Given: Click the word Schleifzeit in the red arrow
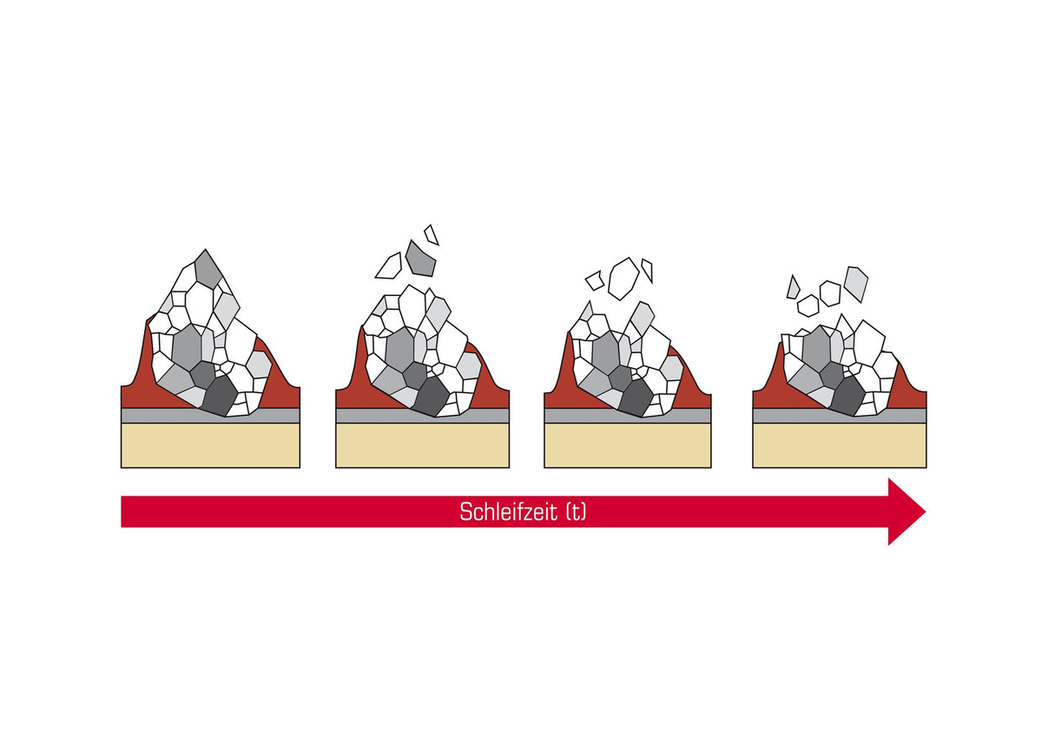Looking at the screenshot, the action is pos(508,512).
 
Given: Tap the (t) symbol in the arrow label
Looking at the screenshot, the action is pos(576,512).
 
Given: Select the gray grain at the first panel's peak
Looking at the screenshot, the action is pos(208,269).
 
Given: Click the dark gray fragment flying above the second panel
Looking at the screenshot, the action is pos(420,260).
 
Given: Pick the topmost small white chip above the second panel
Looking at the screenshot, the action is pos(432,235).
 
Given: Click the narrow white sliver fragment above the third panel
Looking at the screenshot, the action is pos(648,271).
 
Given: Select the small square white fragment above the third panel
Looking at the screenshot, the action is pos(595,280).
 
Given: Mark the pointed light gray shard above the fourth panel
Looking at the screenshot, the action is pos(793,288).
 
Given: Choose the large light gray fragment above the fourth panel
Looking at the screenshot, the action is pos(856,284).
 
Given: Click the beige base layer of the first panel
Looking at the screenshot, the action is pos(210,445).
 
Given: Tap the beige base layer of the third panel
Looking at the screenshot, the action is pos(628,445).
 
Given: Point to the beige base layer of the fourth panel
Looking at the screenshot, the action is pos(839,445).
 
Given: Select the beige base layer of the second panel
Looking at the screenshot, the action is pos(422,445).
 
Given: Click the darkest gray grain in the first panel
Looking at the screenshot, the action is pos(221,395).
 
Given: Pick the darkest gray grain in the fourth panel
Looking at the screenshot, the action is pos(847,396).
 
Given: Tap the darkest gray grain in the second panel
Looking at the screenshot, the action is pos(432,396).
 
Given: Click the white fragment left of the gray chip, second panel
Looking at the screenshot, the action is pos(389,266).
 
